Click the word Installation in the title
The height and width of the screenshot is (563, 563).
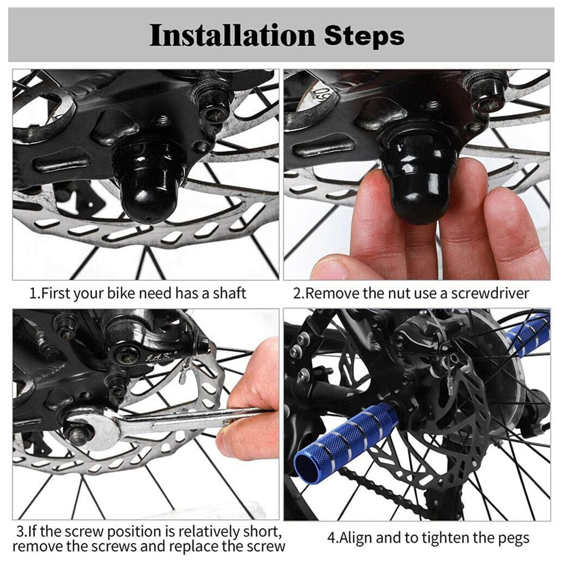pyautogui.click(x=233, y=36)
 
